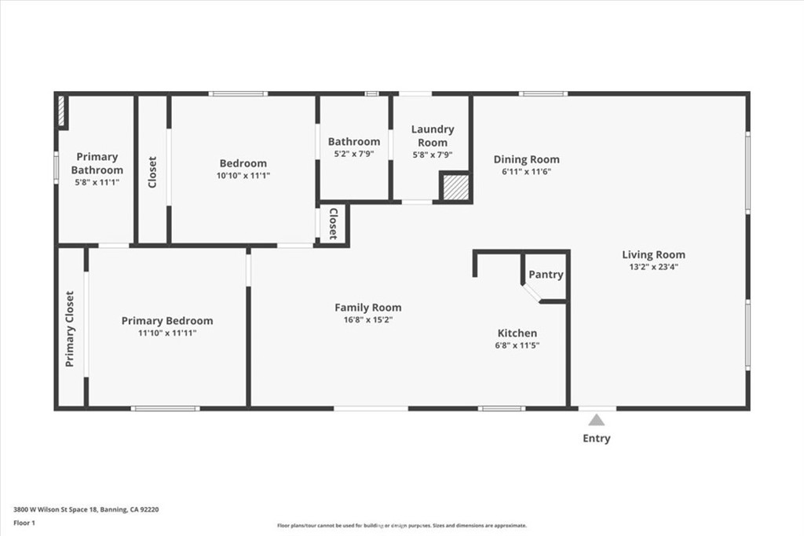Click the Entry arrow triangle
pos(597,420)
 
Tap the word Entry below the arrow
pos(597,439)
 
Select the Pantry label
pos(546,275)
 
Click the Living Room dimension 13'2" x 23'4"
pos(654,266)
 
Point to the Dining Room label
pos(526,159)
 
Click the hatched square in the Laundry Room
pos(454,188)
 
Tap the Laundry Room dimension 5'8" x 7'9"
pos(433,155)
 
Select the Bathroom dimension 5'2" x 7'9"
pos(354,154)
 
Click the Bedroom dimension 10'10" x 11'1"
pos(243,175)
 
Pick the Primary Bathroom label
pos(97,163)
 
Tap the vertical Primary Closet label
pos(70,329)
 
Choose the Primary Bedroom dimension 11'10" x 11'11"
pos(166,333)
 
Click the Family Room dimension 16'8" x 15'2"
pos(368,319)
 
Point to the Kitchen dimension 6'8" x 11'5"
pos(517,345)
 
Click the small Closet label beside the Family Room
pos(333,224)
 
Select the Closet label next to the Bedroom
pos(152,172)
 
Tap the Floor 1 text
pos(25,522)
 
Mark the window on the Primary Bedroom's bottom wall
pos(165,408)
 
